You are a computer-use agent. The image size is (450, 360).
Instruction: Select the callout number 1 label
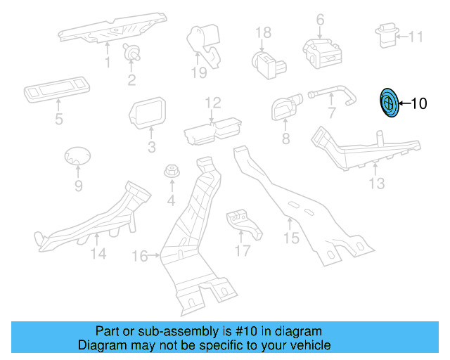click(x=108, y=63)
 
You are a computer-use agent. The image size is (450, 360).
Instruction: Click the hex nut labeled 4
click(x=172, y=171)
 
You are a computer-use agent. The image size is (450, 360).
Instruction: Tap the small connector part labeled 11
click(x=387, y=36)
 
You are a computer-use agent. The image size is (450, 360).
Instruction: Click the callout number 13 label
click(x=378, y=184)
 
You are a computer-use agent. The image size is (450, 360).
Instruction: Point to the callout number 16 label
click(x=141, y=257)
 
